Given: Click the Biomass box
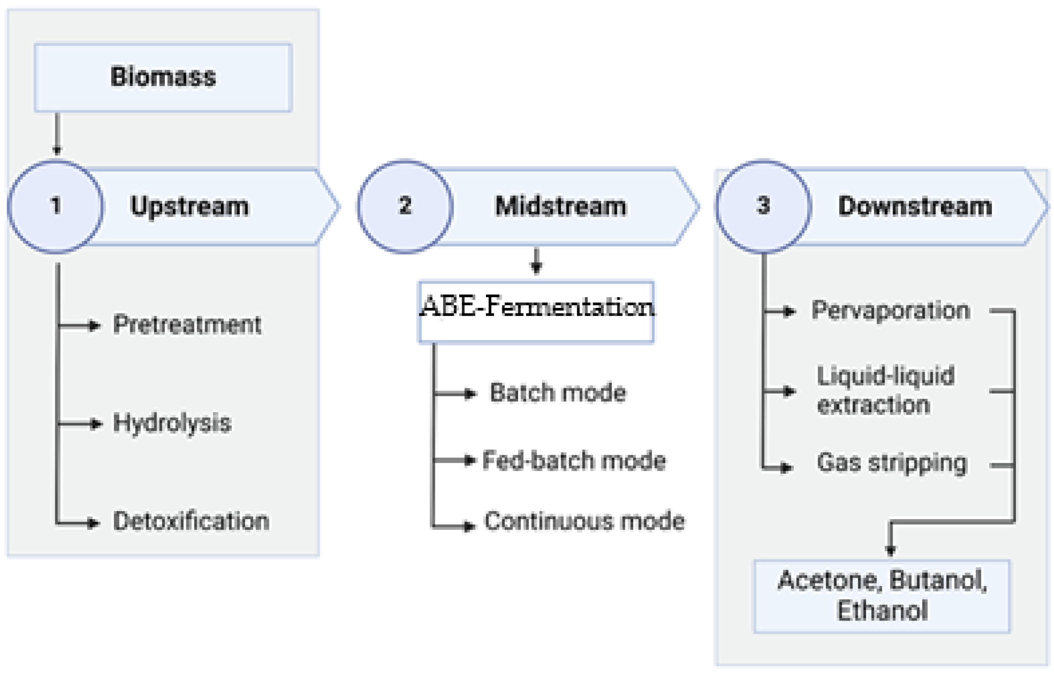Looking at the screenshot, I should [x=163, y=77].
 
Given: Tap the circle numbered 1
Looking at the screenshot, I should [x=56, y=206].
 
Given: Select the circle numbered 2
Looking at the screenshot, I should [x=405, y=206].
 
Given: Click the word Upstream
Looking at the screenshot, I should [x=190, y=206].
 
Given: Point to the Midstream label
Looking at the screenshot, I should [x=560, y=206].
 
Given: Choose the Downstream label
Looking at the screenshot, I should [x=915, y=206].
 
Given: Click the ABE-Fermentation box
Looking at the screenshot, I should [x=536, y=312].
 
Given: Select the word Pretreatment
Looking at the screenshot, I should [x=187, y=325].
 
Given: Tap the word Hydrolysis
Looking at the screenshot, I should [x=172, y=423].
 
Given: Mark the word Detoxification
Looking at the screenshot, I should [x=191, y=521].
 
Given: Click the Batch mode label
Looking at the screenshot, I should [x=557, y=393].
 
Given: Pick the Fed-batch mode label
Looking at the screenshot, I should [x=574, y=461].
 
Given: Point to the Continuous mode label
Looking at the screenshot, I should [x=584, y=521].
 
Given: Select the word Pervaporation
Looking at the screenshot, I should [x=891, y=310].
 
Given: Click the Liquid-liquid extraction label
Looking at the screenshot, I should [x=884, y=390].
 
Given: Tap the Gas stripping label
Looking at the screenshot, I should [x=892, y=463].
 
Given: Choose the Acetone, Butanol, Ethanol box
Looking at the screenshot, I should [x=882, y=596].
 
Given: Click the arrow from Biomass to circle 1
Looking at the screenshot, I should [x=57, y=134].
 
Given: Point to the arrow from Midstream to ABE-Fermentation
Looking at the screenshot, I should [x=536, y=262].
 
